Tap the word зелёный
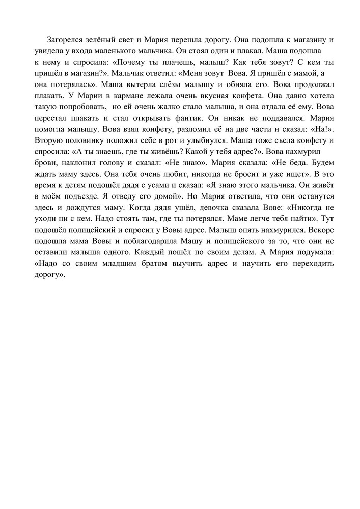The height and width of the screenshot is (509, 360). tap(108, 39)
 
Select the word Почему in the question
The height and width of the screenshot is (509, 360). tap(137, 62)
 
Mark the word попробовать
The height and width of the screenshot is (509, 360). tap(81, 106)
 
